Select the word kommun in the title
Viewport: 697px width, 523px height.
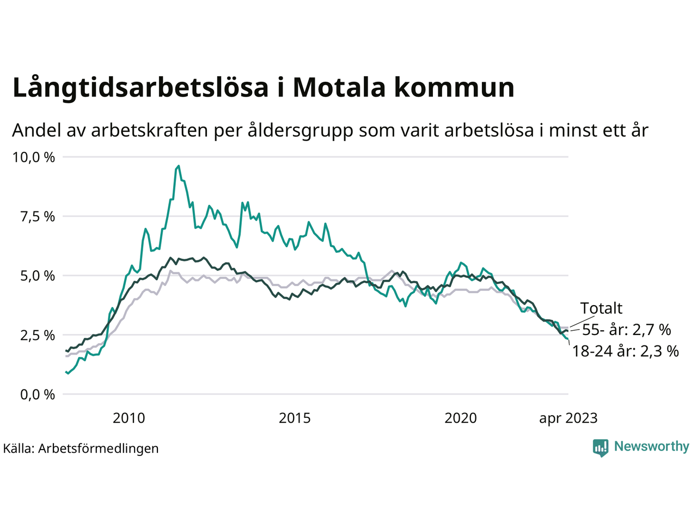coord(454,88)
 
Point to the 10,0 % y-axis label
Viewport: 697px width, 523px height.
coord(34,157)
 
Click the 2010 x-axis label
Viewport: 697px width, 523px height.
coord(129,418)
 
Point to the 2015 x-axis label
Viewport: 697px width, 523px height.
coord(295,418)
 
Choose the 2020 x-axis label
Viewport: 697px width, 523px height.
coord(461,418)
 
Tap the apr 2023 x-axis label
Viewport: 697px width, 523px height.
coord(568,418)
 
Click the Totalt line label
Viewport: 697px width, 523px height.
coord(601,308)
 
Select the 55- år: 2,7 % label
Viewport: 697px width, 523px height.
coord(626,330)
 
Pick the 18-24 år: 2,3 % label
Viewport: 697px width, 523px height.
coord(625,351)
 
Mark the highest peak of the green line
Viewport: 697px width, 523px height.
coord(179,166)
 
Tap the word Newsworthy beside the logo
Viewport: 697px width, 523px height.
coord(651,447)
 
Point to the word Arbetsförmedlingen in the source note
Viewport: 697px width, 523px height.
coord(99,448)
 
